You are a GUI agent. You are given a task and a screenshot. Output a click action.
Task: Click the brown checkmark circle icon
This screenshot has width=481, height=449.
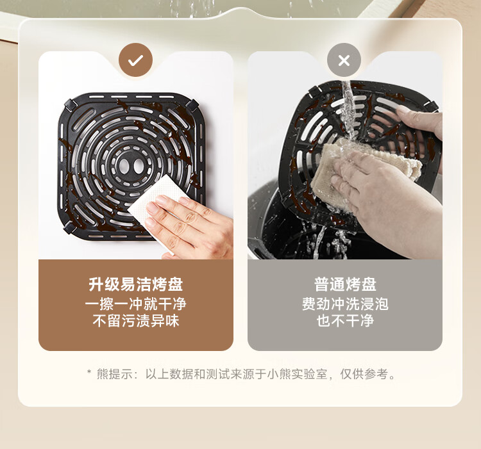pyautogui.click(x=135, y=60)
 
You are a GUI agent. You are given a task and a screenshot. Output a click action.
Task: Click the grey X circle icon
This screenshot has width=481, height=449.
pyautogui.click(x=344, y=60)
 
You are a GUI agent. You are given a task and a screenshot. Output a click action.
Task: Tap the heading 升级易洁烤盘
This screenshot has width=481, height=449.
pyautogui.click(x=135, y=284)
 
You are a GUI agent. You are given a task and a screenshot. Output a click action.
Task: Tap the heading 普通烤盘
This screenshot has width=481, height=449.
pyautogui.click(x=345, y=284)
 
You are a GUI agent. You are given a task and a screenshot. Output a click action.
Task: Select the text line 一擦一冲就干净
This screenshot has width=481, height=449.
pyautogui.click(x=135, y=304)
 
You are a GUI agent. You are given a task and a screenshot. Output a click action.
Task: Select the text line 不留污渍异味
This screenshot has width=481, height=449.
pyautogui.click(x=135, y=321)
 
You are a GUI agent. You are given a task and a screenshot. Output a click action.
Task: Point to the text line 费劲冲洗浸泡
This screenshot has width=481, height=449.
pyautogui.click(x=345, y=304)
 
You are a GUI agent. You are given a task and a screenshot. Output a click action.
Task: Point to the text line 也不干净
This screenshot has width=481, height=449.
pyautogui.click(x=345, y=321)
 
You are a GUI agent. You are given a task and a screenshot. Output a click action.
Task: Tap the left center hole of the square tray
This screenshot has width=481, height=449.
pyautogui.click(x=124, y=166)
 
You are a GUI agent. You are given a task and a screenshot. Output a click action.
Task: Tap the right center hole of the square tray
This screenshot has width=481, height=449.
pyautogui.click(x=139, y=166)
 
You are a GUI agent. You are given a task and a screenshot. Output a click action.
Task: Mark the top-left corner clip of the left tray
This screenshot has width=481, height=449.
pyautogui.click(x=70, y=105)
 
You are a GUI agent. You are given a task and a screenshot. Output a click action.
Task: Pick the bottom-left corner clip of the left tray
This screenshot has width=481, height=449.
pyautogui.click(x=70, y=228)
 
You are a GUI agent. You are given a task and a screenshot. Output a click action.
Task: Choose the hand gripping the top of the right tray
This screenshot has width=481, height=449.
pyautogui.click(x=420, y=122)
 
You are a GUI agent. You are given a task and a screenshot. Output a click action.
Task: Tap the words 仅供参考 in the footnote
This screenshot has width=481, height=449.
pyautogui.click(x=364, y=374)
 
